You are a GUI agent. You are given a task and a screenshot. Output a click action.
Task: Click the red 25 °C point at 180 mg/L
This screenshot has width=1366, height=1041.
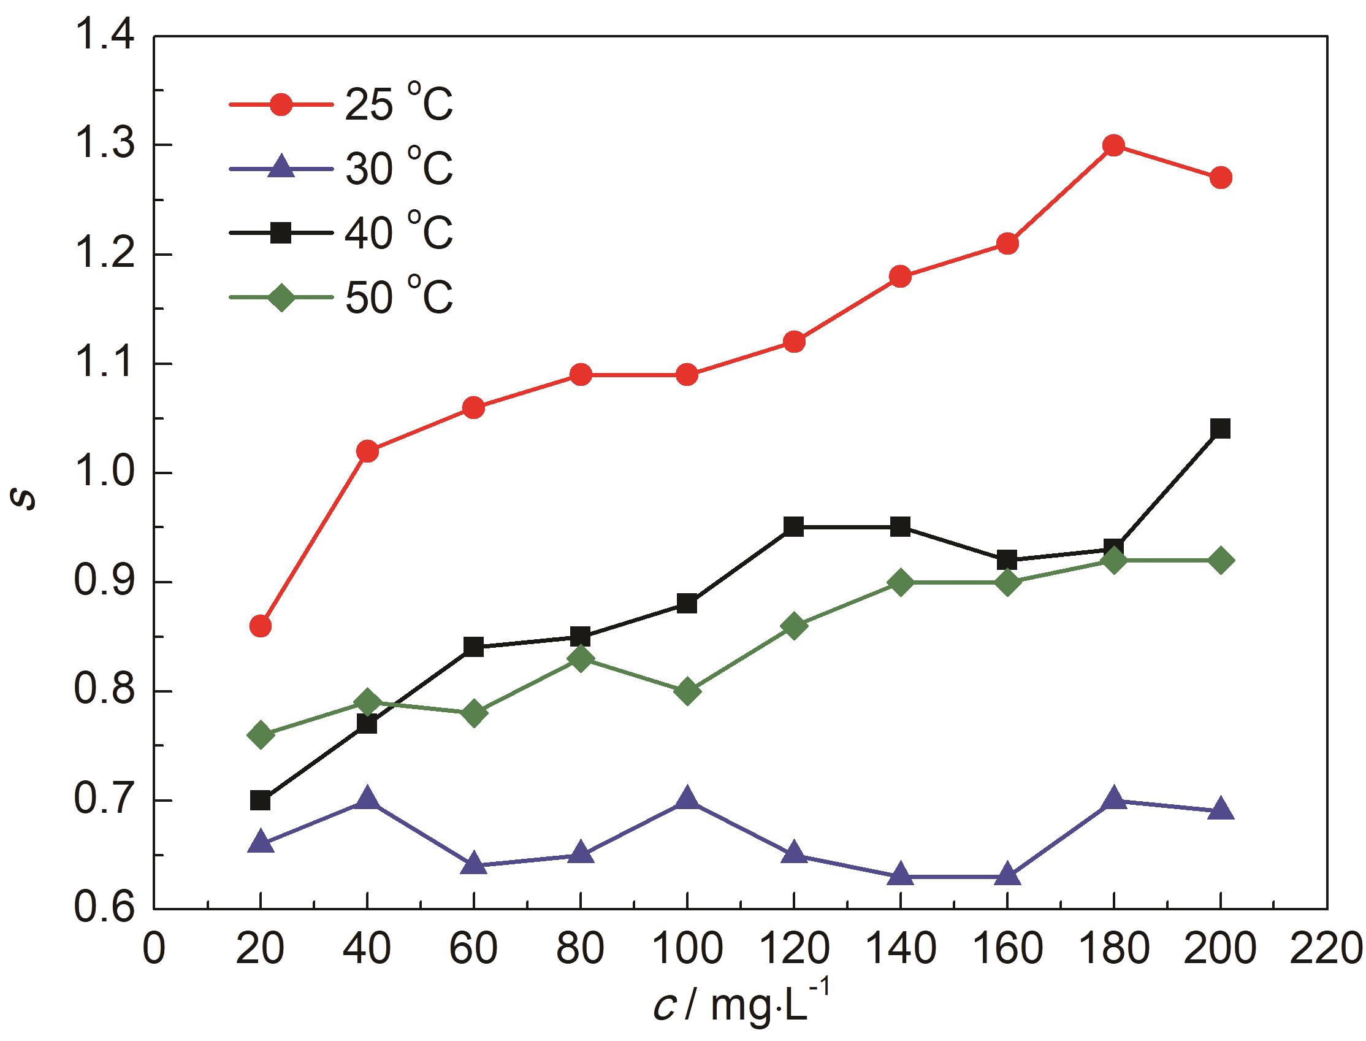[x=1113, y=146]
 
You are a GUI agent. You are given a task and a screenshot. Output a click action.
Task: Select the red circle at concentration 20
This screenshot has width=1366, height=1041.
[x=260, y=626]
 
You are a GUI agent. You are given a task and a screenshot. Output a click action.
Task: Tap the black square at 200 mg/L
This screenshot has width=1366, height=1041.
[x=1220, y=429]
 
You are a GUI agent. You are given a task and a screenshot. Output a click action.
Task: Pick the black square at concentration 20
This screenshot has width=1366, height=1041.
[x=260, y=801]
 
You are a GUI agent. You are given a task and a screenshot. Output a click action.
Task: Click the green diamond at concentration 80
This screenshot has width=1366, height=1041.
[x=580, y=659]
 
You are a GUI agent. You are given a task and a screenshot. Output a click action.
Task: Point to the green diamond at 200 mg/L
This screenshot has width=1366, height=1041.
[x=1220, y=561]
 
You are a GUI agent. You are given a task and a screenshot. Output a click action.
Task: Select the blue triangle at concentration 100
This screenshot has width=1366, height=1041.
[x=687, y=800]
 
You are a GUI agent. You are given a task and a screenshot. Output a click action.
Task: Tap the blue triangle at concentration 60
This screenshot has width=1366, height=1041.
[x=474, y=865]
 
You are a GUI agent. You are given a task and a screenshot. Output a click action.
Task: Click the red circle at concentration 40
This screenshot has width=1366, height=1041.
[x=367, y=451]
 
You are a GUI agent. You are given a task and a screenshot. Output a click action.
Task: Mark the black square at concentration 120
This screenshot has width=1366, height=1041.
[x=793, y=528]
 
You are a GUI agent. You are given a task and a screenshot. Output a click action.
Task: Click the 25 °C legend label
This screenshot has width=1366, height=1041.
[x=399, y=104]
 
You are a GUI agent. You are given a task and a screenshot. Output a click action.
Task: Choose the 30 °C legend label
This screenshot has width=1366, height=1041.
[x=399, y=169]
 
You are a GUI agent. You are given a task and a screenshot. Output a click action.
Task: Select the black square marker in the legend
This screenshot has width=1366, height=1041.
[x=282, y=233]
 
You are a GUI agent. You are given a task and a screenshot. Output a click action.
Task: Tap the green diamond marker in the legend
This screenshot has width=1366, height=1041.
[x=282, y=298]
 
